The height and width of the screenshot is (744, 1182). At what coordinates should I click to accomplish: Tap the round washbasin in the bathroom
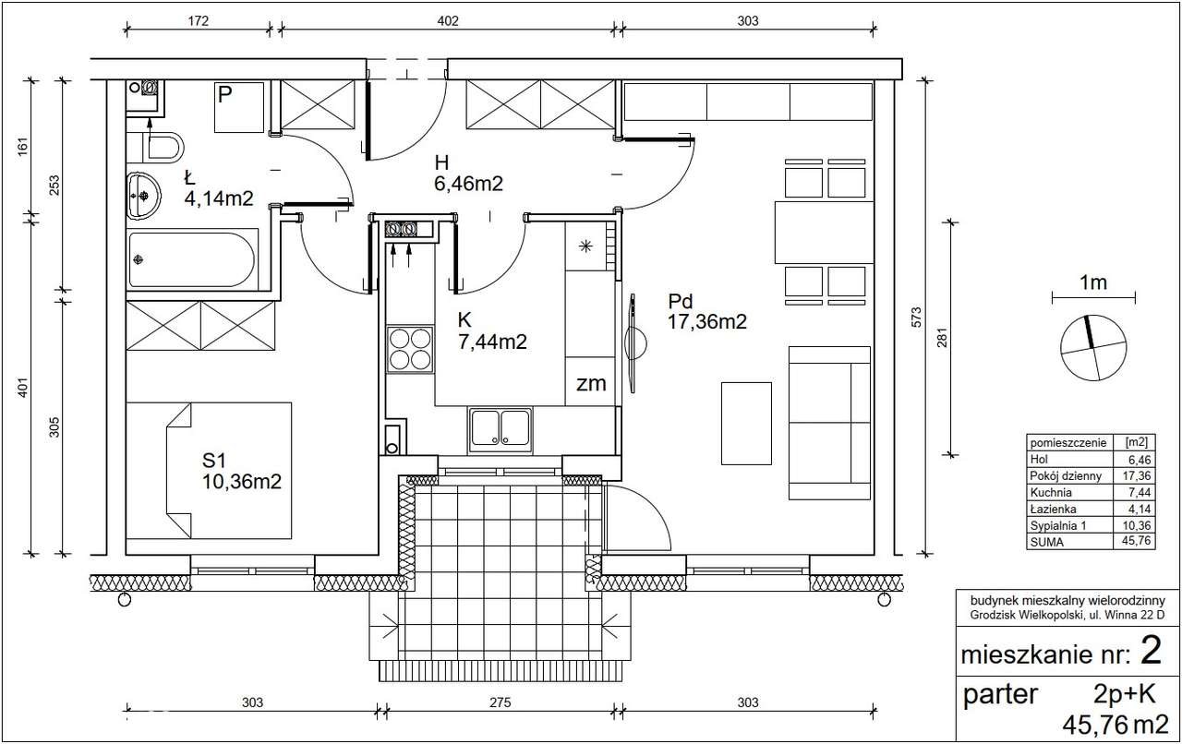pos(143,196)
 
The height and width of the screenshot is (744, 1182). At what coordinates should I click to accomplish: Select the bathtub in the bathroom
pos(192,259)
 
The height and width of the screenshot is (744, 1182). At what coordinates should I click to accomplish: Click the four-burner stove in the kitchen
pos(410,349)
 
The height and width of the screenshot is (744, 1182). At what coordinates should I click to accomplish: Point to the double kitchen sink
pos(501,428)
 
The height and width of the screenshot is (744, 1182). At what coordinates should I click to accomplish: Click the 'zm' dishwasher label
pos(591,384)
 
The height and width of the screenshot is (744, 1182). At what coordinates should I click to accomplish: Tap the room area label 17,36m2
pos(707,322)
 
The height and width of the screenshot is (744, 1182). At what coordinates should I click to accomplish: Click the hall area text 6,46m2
pos(468,184)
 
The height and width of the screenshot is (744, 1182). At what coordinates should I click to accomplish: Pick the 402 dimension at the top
pos(448,21)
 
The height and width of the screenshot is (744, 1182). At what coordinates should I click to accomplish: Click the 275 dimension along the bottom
pos(500,702)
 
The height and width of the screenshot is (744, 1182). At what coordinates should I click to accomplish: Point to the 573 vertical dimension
pos(916,318)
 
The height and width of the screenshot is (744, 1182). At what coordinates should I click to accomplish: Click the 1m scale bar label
pos(1092,282)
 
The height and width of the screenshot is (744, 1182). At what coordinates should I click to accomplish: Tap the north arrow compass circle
pos(1093,348)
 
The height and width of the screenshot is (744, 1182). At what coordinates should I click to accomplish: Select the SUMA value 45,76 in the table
pos(1137,541)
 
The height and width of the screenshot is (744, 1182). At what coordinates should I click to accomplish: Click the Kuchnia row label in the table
pos(1051,492)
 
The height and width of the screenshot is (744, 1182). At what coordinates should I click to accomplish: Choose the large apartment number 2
pos(1151,650)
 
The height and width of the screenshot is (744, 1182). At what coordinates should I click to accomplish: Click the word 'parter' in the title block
pos(1000,695)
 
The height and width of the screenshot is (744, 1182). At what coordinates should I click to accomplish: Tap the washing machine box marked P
pos(239,107)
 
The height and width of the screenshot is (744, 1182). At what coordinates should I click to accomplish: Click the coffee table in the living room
pos(746,424)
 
